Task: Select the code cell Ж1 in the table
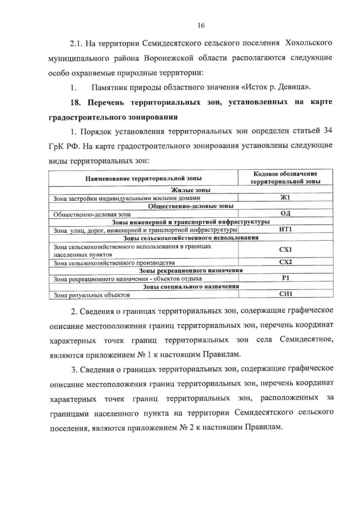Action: point(284,197)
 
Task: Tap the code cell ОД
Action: point(284,213)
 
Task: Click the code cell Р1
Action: point(285,278)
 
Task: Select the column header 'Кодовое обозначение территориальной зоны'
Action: point(285,178)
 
